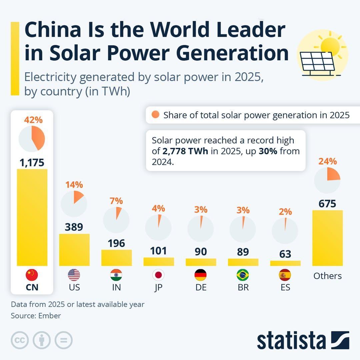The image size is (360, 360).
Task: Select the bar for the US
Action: click(x=74, y=250)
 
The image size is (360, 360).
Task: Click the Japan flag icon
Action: click(x=158, y=275)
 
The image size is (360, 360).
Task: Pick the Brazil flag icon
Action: click(x=243, y=275)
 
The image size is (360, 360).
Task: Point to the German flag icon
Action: click(x=201, y=275)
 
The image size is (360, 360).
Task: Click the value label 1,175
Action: click(x=32, y=163)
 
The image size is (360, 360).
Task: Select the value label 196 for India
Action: click(x=116, y=243)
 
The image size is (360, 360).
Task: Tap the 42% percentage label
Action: click(x=33, y=120)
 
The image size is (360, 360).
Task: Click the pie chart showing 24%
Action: click(x=327, y=180)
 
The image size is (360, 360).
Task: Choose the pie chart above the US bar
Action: click(x=74, y=203)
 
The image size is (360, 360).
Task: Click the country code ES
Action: click(x=285, y=287)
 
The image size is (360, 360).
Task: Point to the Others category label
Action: click(x=327, y=276)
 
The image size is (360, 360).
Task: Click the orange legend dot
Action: click(x=156, y=115)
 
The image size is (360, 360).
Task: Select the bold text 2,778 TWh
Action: click(x=185, y=151)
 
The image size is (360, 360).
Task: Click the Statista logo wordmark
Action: click(x=291, y=341)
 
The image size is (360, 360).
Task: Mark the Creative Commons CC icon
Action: click(x=20, y=340)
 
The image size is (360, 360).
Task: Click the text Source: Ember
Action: click(x=36, y=316)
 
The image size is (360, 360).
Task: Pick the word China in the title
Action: click(x=53, y=30)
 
